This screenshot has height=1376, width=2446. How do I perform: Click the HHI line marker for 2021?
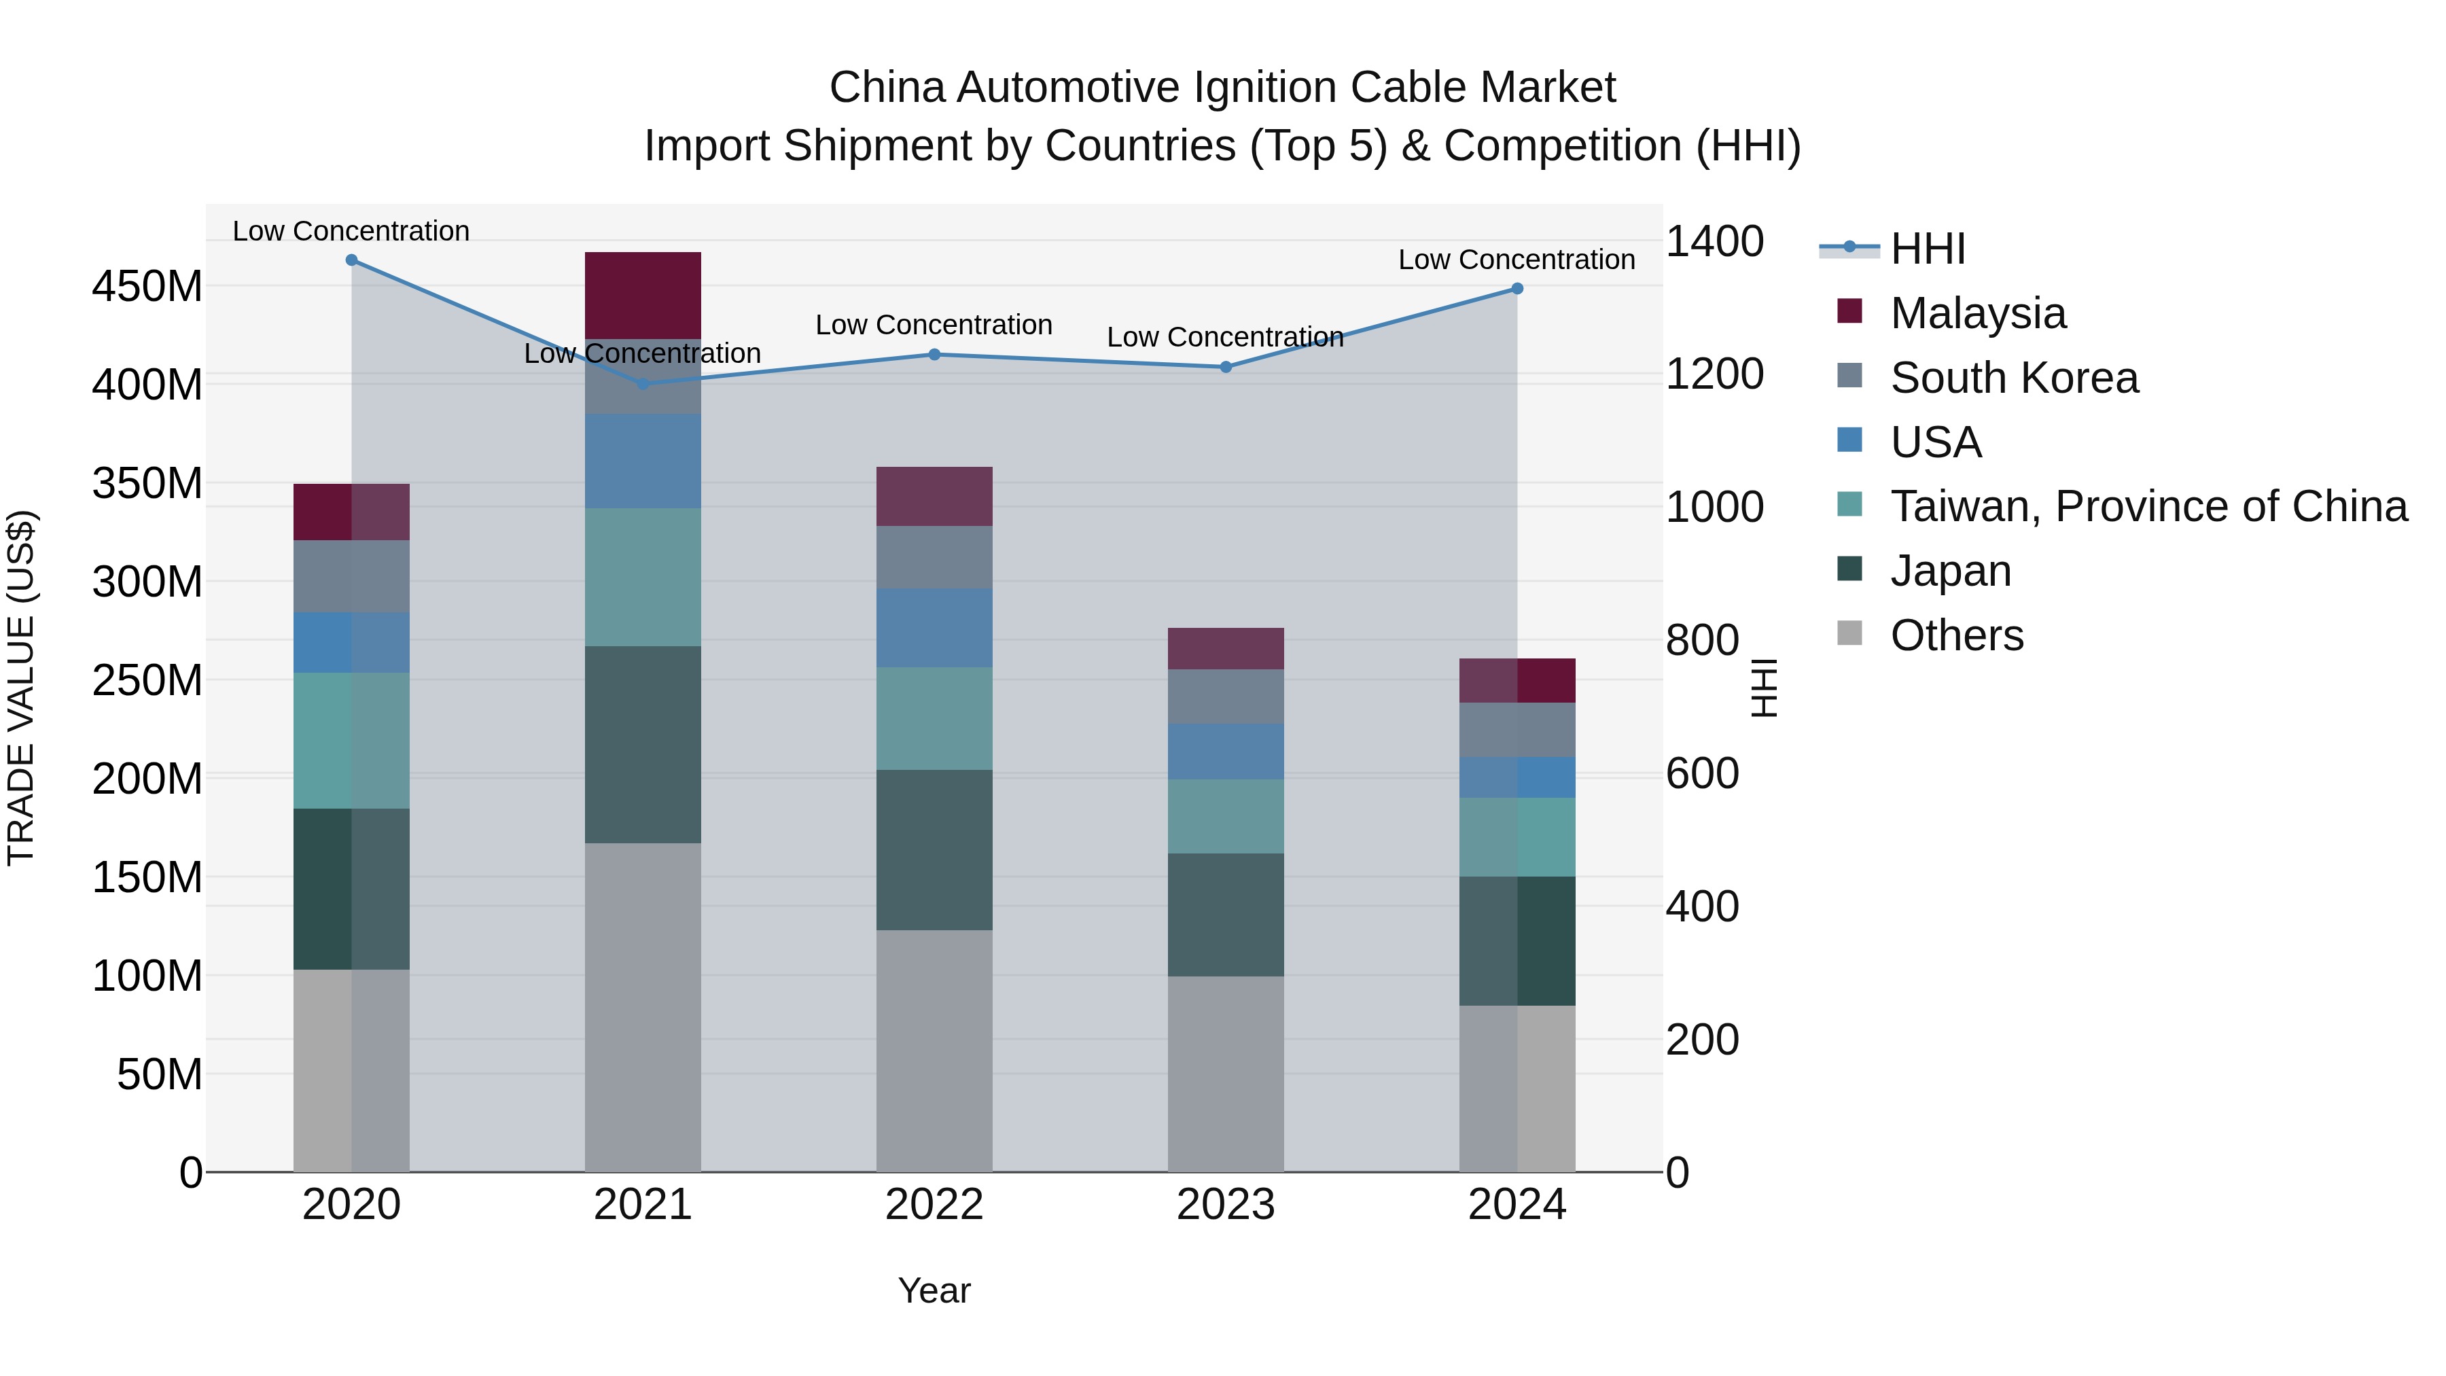(x=643, y=384)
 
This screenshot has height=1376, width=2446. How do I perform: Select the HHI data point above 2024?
(x=1517, y=289)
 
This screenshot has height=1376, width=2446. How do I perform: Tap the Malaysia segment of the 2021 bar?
(x=643, y=296)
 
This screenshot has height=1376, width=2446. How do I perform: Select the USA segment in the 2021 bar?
(x=643, y=461)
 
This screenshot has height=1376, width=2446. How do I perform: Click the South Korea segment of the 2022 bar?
(x=934, y=557)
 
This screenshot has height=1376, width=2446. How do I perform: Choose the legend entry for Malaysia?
(x=1977, y=313)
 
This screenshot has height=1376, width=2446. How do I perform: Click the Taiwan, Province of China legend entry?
(x=2148, y=506)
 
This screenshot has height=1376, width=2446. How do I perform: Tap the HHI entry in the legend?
(x=1928, y=249)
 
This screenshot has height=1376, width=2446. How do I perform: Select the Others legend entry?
(x=1956, y=635)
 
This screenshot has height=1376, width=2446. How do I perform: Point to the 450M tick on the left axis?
(x=147, y=286)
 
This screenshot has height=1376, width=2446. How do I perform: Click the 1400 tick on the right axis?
(x=1715, y=241)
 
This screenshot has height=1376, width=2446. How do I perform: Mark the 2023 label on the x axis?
(x=1225, y=1205)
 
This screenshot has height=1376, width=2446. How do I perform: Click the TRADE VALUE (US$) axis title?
(x=22, y=688)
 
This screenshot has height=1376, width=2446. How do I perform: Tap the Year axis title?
(x=934, y=1290)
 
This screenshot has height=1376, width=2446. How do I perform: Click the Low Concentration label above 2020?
(x=351, y=231)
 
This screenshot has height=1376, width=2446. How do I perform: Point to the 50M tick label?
(x=160, y=1074)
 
